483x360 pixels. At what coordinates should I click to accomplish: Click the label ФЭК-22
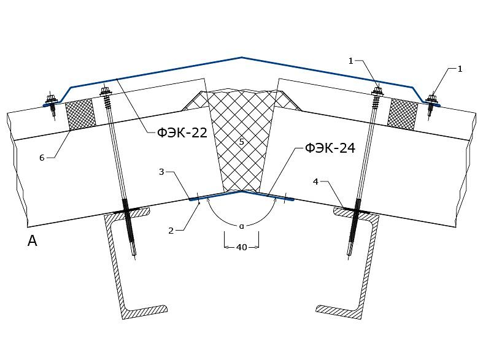click(x=182, y=132)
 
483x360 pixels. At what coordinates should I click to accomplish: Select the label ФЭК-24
click(x=330, y=148)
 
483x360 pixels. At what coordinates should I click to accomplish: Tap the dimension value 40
click(x=242, y=247)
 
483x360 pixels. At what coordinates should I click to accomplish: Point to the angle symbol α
click(x=242, y=226)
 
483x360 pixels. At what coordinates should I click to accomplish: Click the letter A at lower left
click(x=33, y=240)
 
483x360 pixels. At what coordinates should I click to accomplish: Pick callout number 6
click(x=42, y=158)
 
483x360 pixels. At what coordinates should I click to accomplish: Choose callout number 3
click(x=161, y=172)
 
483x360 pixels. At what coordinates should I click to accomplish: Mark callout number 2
click(x=171, y=231)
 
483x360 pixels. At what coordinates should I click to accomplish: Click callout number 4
click(x=315, y=182)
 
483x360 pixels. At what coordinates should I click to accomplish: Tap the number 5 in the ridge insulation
click(x=242, y=142)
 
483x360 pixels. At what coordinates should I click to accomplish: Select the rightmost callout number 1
click(x=460, y=69)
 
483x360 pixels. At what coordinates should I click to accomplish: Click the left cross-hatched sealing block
click(x=80, y=114)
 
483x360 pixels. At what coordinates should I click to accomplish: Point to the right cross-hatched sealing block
click(x=403, y=114)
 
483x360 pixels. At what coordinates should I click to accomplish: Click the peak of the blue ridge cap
click(x=242, y=58)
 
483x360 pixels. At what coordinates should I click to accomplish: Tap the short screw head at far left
click(x=50, y=100)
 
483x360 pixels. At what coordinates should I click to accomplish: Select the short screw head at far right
click(x=432, y=99)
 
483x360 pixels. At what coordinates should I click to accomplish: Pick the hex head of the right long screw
click(x=377, y=91)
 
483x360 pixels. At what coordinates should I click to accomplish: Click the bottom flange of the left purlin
click(x=145, y=312)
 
